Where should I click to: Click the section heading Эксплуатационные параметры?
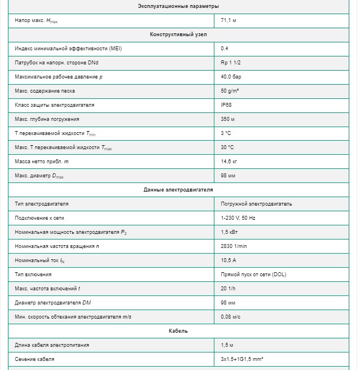click(x=178, y=6)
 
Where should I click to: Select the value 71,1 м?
click(x=229, y=20)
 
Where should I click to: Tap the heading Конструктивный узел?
click(x=178, y=34)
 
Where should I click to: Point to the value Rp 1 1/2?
click(x=231, y=63)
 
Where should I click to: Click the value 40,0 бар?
click(x=231, y=77)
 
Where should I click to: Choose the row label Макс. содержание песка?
click(x=45, y=91)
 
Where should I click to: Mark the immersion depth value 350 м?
click(x=227, y=119)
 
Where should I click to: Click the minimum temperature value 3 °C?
click(x=226, y=133)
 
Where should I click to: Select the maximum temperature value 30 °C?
click(x=227, y=147)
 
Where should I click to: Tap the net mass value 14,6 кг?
click(x=229, y=162)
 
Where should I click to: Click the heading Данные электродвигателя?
click(x=178, y=190)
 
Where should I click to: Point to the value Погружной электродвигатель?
click(x=257, y=204)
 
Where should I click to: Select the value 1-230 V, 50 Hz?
click(x=238, y=218)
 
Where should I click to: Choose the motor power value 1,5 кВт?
click(x=229, y=232)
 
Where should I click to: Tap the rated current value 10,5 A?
click(x=229, y=260)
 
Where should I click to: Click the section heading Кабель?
click(x=178, y=331)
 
